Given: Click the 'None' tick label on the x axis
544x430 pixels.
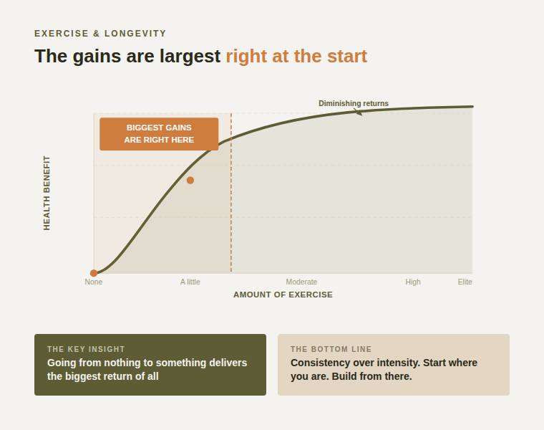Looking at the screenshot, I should [x=94, y=282].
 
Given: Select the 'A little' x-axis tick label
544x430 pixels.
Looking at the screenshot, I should [x=190, y=282].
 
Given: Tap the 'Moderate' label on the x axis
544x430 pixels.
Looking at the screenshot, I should [x=301, y=282].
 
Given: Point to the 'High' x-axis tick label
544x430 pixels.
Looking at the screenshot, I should [x=413, y=282].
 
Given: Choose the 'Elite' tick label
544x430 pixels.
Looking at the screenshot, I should [x=465, y=282].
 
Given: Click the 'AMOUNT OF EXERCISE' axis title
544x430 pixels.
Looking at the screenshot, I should [x=283, y=295].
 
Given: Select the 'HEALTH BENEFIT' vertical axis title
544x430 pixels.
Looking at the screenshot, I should [x=47, y=193].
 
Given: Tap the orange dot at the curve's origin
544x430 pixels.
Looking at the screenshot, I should [x=94, y=273].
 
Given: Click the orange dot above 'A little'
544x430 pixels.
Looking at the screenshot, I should [x=190, y=180].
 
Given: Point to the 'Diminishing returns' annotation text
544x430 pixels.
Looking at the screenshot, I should [x=354, y=103].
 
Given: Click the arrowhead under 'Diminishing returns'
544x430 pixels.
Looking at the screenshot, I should [x=359, y=113].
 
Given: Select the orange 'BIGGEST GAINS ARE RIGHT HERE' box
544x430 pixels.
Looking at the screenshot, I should [x=159, y=134].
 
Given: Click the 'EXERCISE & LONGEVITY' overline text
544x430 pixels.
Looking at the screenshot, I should [x=100, y=34].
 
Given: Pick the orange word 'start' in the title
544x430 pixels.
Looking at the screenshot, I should [x=345, y=56].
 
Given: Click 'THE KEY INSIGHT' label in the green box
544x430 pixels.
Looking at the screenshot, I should [x=86, y=349].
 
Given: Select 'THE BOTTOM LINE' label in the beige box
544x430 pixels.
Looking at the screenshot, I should [x=331, y=349].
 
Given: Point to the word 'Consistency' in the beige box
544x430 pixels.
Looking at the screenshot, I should [x=319, y=363].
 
